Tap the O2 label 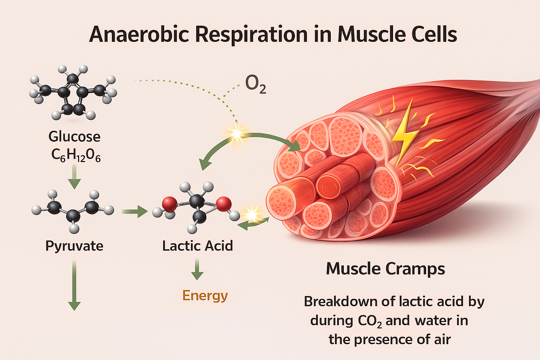pyautogui.click(x=255, y=84)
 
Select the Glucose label pyautogui.click(x=74, y=136)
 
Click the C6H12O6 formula pyautogui.click(x=76, y=155)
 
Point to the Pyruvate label pyautogui.click(x=74, y=246)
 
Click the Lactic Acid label pyautogui.click(x=197, y=246)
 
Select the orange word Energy pyautogui.click(x=205, y=295)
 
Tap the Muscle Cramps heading pyautogui.click(x=385, y=269)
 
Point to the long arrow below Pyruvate pyautogui.click(x=74, y=285)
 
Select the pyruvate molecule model pyautogui.click(x=73, y=210)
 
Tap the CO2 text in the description pyautogui.click(x=369, y=321)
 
